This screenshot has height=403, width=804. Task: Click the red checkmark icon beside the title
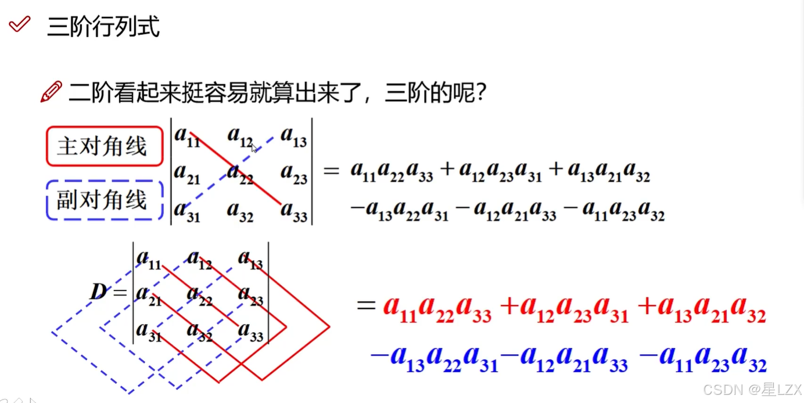point(20,25)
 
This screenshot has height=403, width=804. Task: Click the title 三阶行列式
point(103,27)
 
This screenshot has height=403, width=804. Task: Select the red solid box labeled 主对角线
point(104,146)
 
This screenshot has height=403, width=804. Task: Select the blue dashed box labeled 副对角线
point(104,200)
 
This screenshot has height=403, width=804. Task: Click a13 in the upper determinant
point(293,137)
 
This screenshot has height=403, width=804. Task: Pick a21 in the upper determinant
point(186,174)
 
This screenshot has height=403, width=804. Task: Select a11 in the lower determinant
point(148,260)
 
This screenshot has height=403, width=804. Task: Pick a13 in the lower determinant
point(250,260)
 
